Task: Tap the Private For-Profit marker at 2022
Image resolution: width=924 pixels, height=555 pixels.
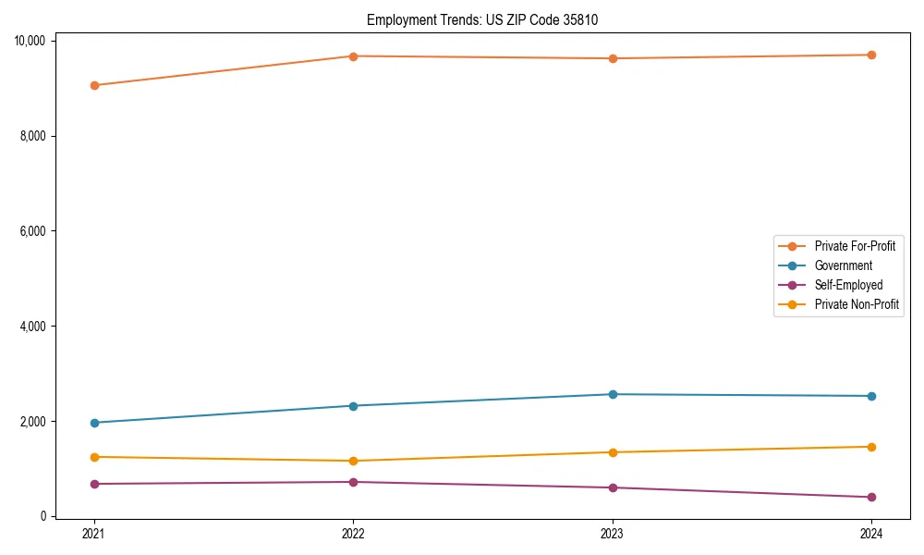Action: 353,56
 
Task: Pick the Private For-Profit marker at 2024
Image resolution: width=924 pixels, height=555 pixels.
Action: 871,55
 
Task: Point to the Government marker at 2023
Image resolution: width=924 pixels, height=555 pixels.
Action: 613,394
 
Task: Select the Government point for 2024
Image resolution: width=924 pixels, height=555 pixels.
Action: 871,396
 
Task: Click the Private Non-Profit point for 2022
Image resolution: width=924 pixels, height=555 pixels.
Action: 353,461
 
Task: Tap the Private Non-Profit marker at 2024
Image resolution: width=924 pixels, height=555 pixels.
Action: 871,447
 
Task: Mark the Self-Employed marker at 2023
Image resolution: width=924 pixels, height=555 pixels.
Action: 613,487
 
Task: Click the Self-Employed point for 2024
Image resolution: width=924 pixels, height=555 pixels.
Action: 871,497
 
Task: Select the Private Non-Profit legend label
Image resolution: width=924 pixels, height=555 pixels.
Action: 857,304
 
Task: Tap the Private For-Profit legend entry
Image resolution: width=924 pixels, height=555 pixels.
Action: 855,246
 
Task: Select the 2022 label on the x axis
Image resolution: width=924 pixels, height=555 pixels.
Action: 353,533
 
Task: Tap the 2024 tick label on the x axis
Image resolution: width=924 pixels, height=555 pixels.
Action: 871,533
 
